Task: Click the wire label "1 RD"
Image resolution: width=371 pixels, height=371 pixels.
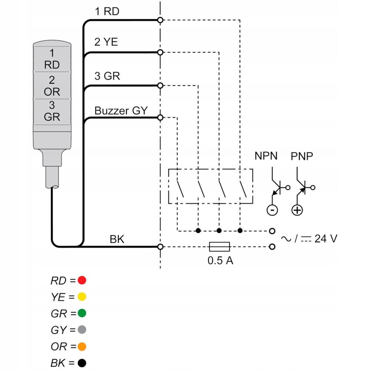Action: click(107, 12)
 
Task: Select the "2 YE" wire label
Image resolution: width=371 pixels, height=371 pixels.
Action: click(106, 42)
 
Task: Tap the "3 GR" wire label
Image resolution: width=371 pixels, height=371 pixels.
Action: click(107, 76)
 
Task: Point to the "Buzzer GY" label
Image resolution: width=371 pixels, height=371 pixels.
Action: click(121, 111)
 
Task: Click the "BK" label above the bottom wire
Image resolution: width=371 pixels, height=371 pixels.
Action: click(117, 239)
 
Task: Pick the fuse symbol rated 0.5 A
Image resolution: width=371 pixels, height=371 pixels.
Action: click(220, 247)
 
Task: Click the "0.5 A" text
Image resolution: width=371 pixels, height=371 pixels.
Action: click(220, 260)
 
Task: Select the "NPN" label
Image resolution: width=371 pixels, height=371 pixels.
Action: click(266, 156)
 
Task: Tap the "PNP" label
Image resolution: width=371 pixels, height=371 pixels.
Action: click(302, 156)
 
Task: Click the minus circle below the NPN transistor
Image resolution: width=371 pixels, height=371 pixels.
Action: click(272, 210)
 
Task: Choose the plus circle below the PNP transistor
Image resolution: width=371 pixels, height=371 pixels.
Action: click(297, 210)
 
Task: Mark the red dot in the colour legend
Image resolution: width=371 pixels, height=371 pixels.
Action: click(82, 280)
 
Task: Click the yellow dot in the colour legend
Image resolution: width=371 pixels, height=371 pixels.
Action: click(82, 297)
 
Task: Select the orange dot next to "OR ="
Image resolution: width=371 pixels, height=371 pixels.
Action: click(82, 347)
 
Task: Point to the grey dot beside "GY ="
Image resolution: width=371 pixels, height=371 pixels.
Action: click(82, 329)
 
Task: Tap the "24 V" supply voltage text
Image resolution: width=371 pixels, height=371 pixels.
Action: click(326, 239)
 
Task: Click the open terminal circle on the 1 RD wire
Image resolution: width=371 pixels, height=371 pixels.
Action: click(160, 20)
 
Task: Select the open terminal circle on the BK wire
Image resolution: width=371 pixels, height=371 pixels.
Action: click(160, 247)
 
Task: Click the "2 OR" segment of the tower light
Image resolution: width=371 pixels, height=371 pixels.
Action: click(52, 85)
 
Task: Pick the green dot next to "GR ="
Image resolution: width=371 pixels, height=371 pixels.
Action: click(82, 313)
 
